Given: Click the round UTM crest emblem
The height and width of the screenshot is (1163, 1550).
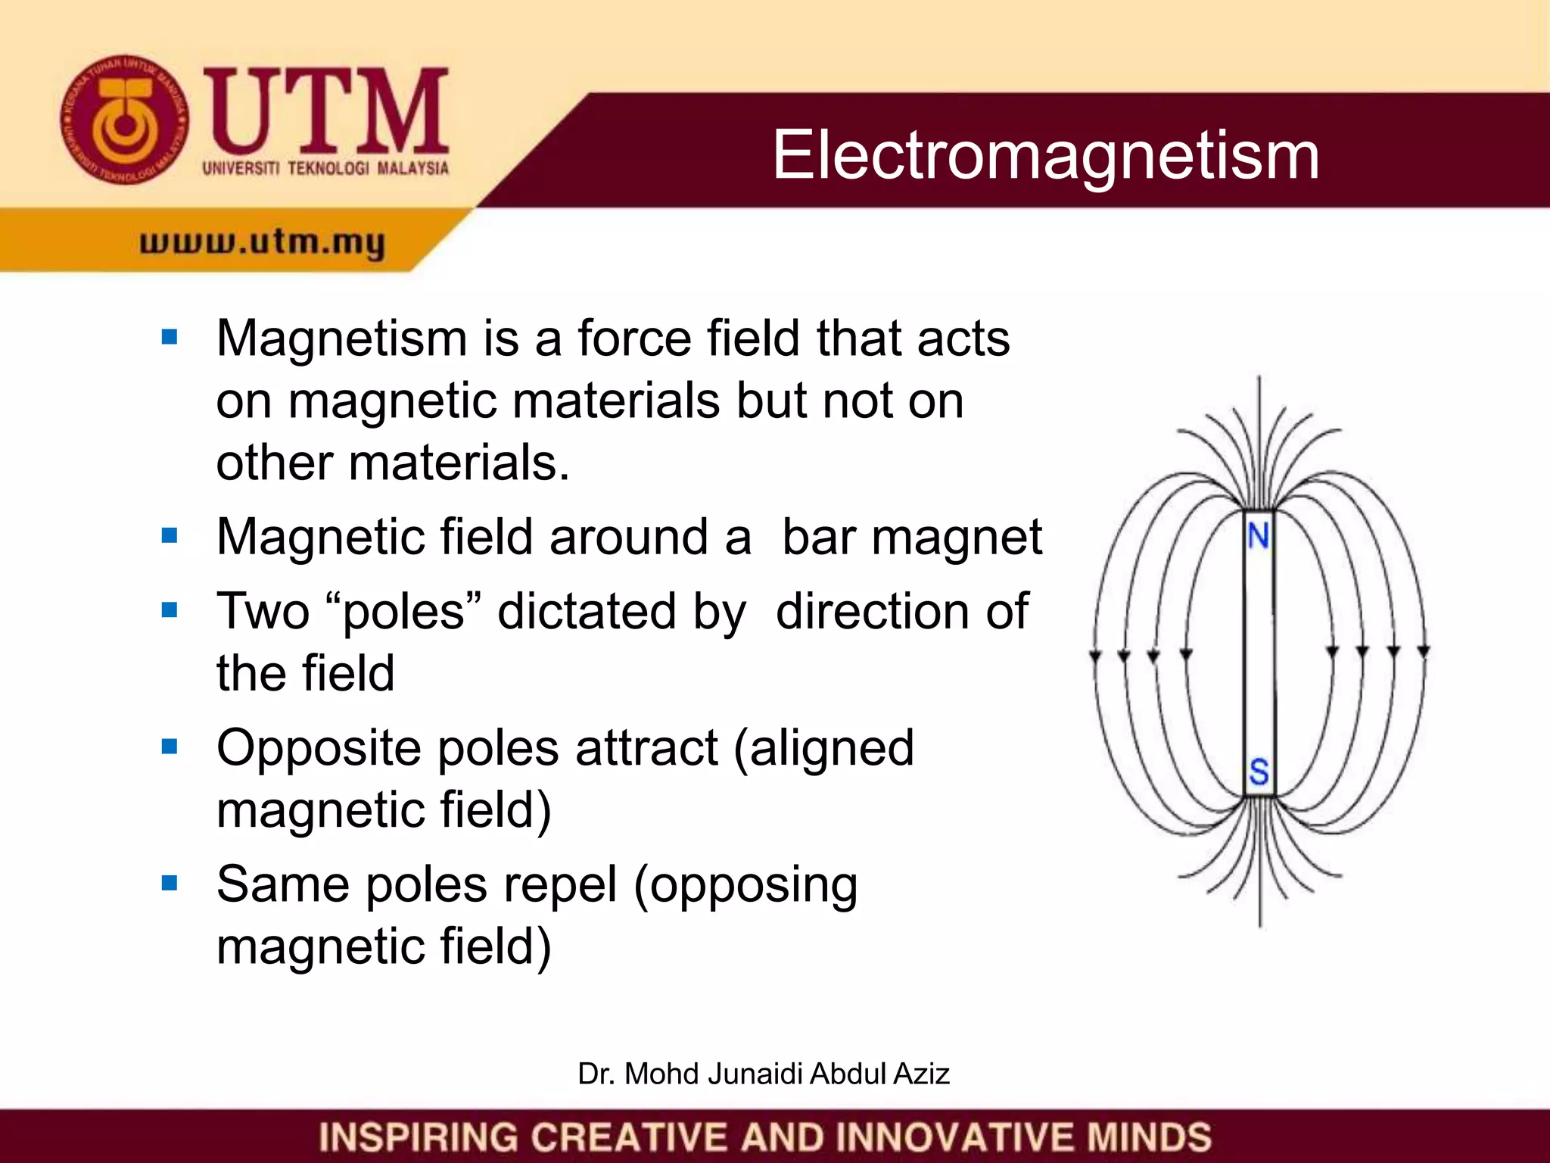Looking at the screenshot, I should point(125,120).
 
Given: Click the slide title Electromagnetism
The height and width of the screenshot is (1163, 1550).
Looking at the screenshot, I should point(1045,154).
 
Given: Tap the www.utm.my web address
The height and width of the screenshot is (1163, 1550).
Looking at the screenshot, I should point(263,242).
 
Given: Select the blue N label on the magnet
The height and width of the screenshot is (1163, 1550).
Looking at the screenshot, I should point(1259,536).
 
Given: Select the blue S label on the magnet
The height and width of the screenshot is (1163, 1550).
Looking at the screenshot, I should point(1259,772).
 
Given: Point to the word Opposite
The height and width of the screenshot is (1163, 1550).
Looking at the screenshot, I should point(319,748).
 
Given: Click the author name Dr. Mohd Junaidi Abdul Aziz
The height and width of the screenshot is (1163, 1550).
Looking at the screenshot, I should point(763,1074).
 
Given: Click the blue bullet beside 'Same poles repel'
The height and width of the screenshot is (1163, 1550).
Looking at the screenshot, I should point(170,883).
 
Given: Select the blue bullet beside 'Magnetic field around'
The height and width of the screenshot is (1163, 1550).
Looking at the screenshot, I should point(170,536).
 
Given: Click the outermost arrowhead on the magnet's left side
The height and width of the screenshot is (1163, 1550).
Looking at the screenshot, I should point(1094,656).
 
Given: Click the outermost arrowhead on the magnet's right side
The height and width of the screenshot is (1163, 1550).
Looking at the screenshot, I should point(1423,651).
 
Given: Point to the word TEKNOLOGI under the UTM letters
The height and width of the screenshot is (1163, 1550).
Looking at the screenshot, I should point(328,168).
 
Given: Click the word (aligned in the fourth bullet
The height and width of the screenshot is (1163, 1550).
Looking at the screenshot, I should point(824,748).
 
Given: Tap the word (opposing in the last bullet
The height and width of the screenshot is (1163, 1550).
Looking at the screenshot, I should point(745,884).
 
